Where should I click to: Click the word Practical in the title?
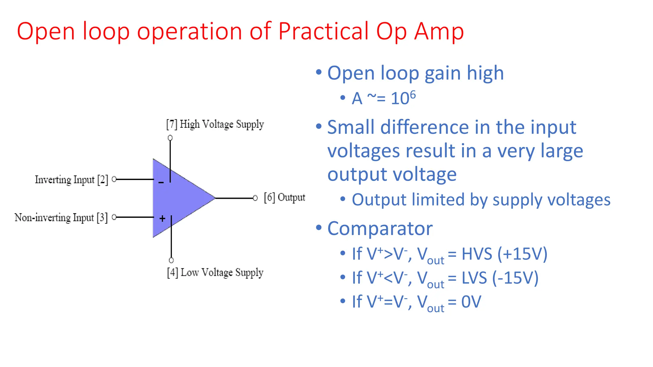pyautogui.click(x=323, y=31)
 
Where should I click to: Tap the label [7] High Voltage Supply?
pyautogui.click(x=215, y=124)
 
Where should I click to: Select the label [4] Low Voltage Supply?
pyautogui.click(x=215, y=273)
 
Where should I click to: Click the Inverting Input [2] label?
pyautogui.click(x=71, y=180)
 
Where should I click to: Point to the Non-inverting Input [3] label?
pyautogui.click(x=61, y=218)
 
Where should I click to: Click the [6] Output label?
pyautogui.click(x=284, y=198)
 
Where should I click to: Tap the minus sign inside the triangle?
pyautogui.click(x=161, y=183)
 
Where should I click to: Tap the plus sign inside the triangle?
pyautogui.click(x=162, y=219)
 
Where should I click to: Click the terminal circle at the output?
pyautogui.click(x=255, y=198)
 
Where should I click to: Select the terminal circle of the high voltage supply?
pyautogui.click(x=170, y=138)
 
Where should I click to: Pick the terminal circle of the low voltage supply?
pyautogui.click(x=171, y=260)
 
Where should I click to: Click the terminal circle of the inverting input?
pyautogui.click(x=114, y=179)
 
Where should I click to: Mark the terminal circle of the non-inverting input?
pyautogui.click(x=114, y=217)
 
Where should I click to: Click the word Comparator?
pyautogui.click(x=380, y=228)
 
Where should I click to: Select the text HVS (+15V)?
pyautogui.click(x=504, y=254)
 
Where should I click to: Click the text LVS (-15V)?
pyautogui.click(x=500, y=278)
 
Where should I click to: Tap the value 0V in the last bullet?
pyautogui.click(x=471, y=302)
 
